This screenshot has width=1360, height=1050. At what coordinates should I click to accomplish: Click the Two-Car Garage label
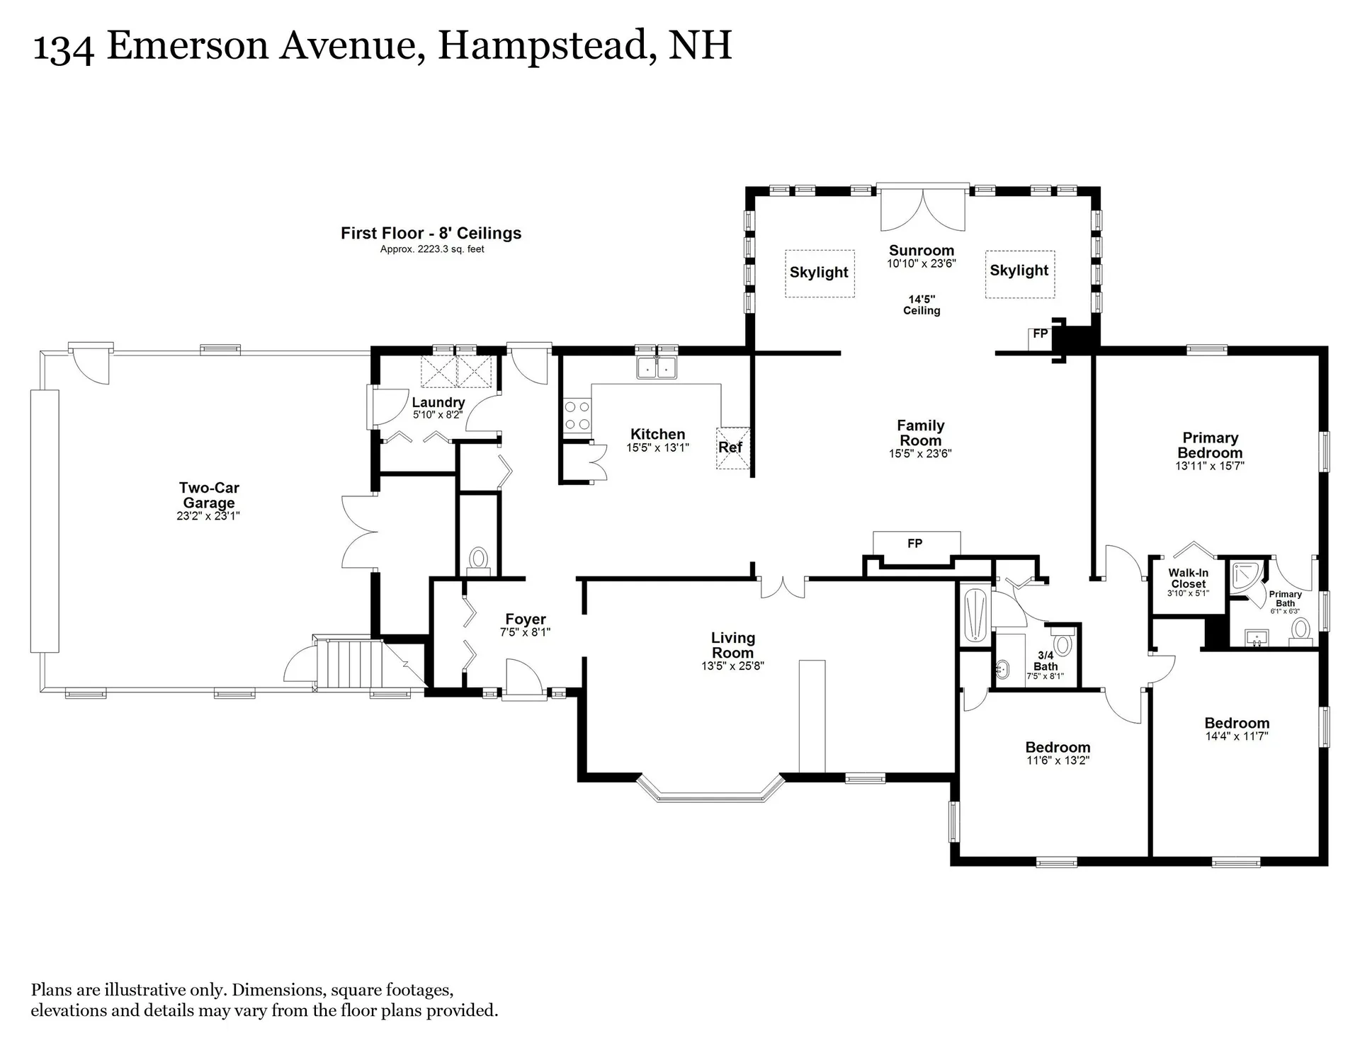click(x=209, y=495)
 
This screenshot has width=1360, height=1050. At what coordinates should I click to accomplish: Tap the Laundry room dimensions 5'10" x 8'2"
click(x=437, y=415)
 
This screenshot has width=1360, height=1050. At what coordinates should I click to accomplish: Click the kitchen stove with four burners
click(x=577, y=416)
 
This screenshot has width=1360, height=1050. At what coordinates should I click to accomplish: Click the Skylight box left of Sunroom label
click(x=819, y=273)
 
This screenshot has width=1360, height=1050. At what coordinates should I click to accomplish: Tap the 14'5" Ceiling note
click(x=922, y=304)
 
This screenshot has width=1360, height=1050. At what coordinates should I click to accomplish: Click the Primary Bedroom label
click(x=1210, y=445)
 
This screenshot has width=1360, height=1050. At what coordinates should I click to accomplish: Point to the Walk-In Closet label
click(x=1188, y=578)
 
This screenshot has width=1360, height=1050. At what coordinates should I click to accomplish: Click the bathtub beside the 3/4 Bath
click(x=975, y=615)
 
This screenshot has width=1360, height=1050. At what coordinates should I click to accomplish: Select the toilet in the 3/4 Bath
click(x=1062, y=644)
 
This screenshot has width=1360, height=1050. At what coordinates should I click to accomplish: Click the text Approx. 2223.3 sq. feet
click(x=432, y=249)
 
